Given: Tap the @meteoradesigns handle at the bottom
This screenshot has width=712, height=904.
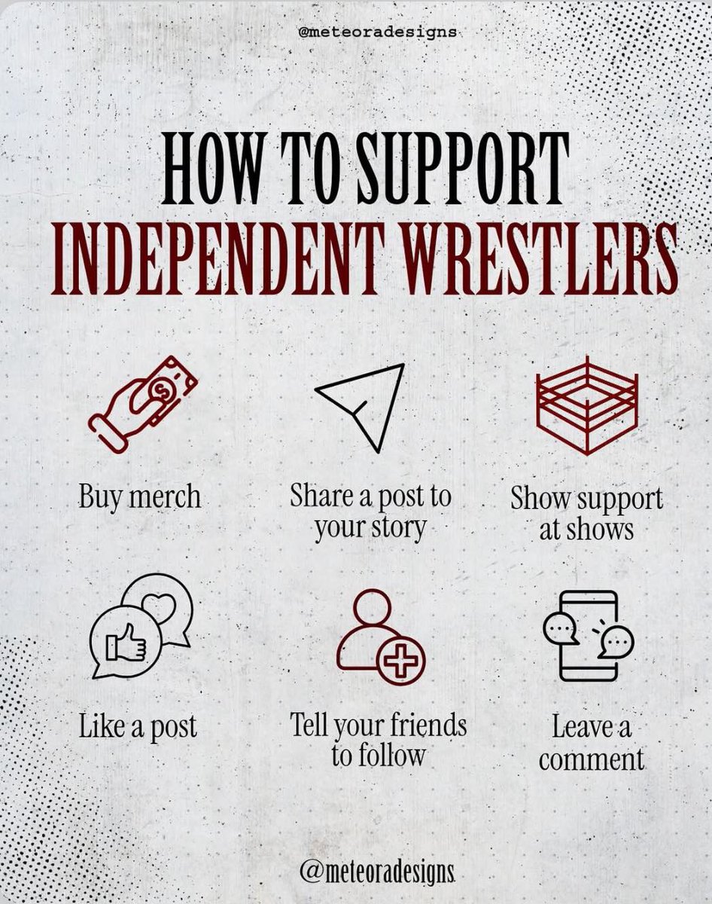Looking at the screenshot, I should click(377, 872).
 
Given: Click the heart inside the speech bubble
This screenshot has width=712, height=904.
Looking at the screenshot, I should click(160, 606).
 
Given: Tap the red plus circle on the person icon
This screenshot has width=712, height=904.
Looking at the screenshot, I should click(400, 659).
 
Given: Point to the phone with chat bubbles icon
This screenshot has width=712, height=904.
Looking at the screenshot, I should click(589, 637).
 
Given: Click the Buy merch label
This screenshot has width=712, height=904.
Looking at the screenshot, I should click(140, 498).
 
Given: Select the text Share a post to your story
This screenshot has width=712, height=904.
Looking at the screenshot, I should click(370, 512).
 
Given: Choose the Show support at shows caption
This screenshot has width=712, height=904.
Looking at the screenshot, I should click(586, 513).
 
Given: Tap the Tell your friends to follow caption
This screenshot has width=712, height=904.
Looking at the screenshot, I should click(379, 741).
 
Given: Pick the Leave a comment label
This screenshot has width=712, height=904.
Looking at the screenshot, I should click(592, 743).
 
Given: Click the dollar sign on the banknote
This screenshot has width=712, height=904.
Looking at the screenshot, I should click(160, 388).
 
